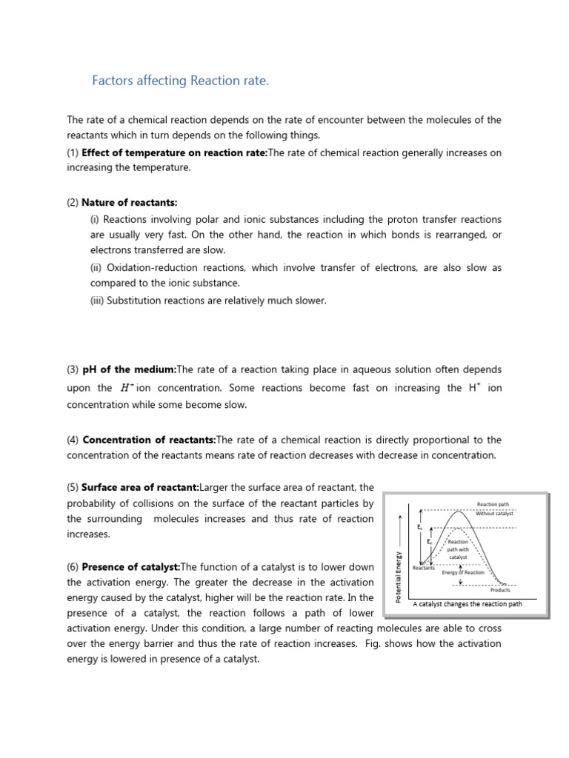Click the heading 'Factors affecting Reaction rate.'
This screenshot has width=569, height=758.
180,81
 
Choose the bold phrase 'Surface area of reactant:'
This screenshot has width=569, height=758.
140,487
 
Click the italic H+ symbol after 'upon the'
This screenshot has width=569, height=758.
127,388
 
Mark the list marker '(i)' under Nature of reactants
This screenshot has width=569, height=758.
95,220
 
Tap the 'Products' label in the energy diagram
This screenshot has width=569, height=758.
500,590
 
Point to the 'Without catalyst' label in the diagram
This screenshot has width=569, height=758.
496,513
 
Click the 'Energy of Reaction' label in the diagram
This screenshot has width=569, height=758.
463,572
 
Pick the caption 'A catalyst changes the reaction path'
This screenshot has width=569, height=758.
467,604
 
